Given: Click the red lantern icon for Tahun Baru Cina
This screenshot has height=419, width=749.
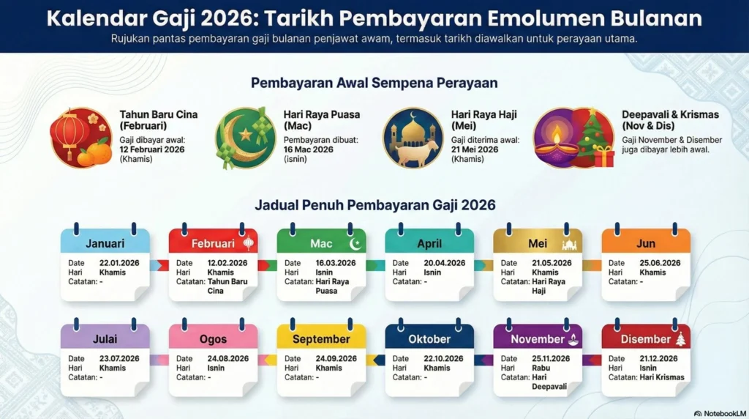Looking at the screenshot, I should [70, 132].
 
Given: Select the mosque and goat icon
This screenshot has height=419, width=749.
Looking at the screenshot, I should [413, 138].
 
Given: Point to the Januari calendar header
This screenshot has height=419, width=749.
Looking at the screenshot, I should [105, 243].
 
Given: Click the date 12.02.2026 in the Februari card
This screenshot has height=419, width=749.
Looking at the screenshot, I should [227, 263].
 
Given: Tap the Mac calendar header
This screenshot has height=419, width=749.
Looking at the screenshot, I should [321, 243].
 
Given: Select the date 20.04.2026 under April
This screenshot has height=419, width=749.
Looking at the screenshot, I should [445, 263].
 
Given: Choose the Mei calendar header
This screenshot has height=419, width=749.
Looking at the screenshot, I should [538, 243].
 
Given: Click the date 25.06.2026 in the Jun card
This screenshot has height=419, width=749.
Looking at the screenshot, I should [660, 263].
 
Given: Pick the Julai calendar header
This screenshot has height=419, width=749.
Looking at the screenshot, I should [105, 339].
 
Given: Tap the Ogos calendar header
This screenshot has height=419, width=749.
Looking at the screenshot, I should [213, 339].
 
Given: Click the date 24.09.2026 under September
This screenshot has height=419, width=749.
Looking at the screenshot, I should [336, 359].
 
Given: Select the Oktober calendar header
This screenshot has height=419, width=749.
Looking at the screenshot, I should [429, 339].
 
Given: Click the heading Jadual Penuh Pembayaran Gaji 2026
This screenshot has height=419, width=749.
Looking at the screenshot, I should [374, 205].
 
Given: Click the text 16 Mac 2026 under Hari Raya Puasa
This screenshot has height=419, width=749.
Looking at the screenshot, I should [308, 149].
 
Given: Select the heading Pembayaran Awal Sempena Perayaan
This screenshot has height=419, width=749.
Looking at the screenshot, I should [374, 83].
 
